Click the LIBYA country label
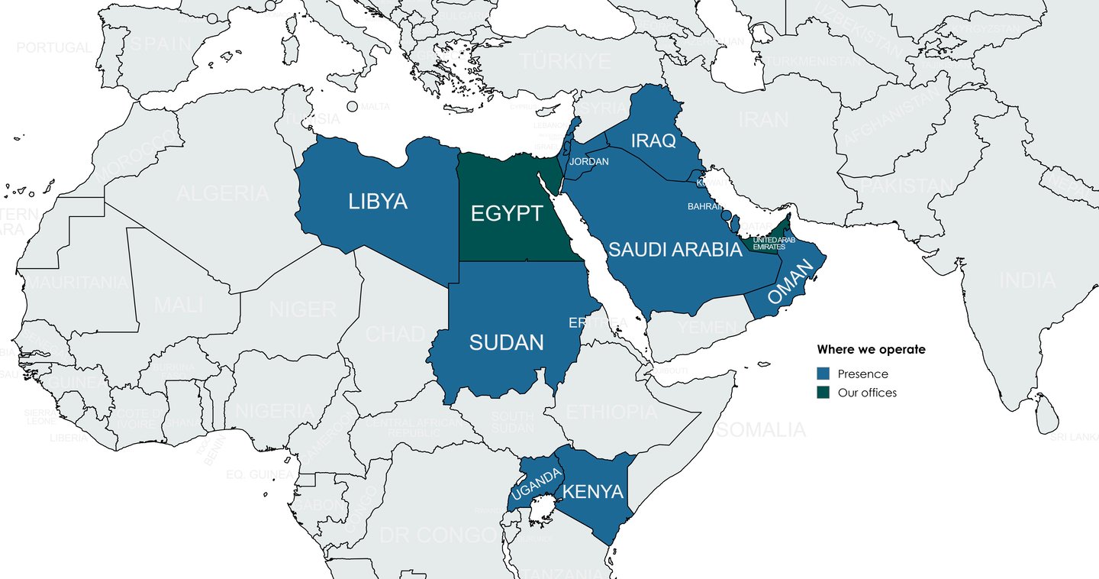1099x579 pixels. pos(378,202)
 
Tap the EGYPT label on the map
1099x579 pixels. pos(506,213)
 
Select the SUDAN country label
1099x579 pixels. pos(506,343)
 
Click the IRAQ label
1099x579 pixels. pos(653,141)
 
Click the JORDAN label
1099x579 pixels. pos(589,162)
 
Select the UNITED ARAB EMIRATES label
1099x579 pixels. pos(774,244)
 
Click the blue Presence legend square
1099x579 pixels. pos(823,374)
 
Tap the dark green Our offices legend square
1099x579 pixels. pos(823,393)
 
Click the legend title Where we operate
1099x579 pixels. pos(871,350)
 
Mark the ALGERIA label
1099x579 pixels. pos(222,193)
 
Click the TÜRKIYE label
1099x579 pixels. pos(564,62)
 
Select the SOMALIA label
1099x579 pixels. pos(761,429)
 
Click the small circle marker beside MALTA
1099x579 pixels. pos(352,107)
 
